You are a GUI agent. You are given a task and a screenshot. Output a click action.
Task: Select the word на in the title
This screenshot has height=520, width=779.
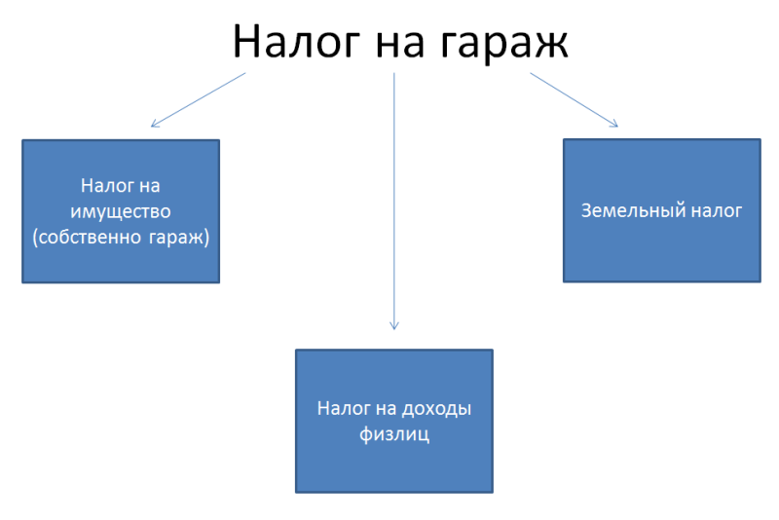(400, 45)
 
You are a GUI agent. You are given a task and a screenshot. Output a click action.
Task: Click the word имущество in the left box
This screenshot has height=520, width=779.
(121, 212)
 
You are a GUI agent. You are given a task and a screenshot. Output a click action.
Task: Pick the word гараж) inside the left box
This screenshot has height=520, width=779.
(179, 238)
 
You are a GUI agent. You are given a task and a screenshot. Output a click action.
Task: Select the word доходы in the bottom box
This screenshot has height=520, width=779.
(436, 409)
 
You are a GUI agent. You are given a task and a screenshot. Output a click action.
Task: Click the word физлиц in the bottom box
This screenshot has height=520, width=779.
(394, 435)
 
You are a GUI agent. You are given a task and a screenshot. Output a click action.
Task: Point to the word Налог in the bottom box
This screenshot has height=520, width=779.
(344, 409)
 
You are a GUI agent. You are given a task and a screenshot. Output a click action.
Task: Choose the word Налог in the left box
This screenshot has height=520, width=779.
(107, 186)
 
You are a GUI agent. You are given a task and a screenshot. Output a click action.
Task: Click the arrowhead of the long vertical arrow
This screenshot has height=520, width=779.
(394, 326)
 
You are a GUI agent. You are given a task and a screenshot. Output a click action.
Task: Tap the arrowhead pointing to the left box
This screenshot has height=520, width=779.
(155, 124)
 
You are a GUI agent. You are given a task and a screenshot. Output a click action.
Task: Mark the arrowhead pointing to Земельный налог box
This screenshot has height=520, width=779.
(614, 124)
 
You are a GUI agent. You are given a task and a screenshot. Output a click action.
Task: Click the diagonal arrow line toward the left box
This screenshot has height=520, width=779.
(199, 100)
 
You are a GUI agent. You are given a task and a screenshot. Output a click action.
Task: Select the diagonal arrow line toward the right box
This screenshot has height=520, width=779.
(574, 100)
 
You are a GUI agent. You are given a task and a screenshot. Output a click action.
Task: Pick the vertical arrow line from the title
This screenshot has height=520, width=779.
(394, 202)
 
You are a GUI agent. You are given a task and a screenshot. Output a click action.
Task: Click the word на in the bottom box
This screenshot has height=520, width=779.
(386, 409)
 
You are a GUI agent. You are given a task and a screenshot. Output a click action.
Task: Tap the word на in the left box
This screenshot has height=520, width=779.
(150, 187)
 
